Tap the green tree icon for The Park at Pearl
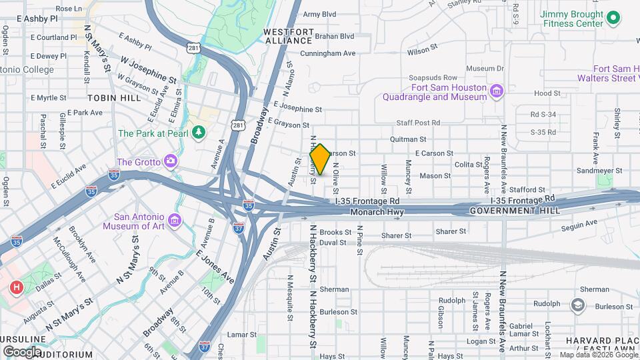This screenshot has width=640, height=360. [198, 133]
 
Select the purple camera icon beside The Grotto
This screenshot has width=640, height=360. [171, 161]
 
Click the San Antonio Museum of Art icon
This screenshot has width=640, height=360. [175, 221]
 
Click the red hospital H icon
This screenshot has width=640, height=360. [16, 288]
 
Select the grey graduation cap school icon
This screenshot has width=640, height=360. [577, 305]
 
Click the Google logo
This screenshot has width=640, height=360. [23, 351]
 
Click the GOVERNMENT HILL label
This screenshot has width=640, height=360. [515, 211]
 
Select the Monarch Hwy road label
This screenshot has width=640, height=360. [377, 212]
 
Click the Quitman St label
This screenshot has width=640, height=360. [408, 139]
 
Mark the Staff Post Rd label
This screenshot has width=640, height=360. [418, 123]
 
